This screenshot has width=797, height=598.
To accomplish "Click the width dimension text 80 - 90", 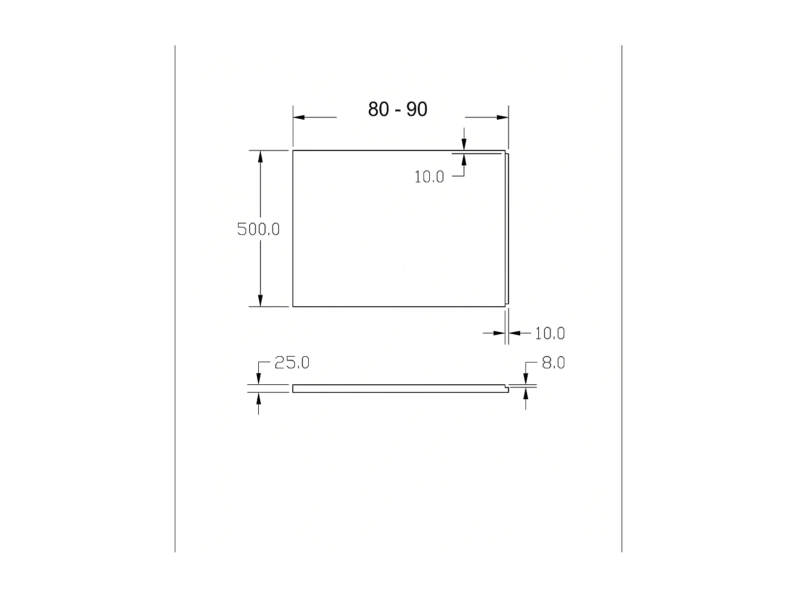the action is pyautogui.click(x=397, y=109).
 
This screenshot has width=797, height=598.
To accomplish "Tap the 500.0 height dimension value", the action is pyautogui.click(x=258, y=229).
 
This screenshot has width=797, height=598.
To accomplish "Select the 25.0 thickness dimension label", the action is pyautogui.click(x=292, y=363).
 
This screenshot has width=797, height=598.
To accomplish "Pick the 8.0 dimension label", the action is pyautogui.click(x=553, y=363).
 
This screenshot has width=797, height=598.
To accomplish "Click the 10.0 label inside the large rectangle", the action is pyautogui.click(x=429, y=177).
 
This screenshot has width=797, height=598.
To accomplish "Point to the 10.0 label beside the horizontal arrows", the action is pyautogui.click(x=550, y=333).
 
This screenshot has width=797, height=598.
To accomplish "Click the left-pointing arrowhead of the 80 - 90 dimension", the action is pyautogui.click(x=299, y=117).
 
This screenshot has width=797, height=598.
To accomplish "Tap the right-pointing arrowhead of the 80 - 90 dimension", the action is pyautogui.click(x=503, y=117).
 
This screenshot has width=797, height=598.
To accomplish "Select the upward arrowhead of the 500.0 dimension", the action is pyautogui.click(x=260, y=156).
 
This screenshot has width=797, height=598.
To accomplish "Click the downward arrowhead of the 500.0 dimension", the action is pyautogui.click(x=260, y=301).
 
